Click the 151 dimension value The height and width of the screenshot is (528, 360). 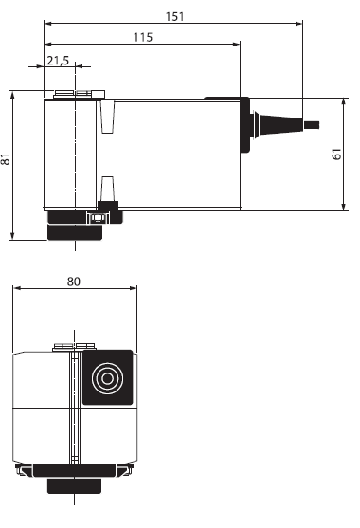(175, 16)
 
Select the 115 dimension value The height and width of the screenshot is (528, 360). (143, 37)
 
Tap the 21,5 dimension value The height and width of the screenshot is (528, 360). (58, 61)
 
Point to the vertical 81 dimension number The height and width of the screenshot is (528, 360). (6, 158)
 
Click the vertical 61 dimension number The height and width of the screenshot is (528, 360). (336, 154)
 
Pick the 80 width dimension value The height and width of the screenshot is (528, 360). (73, 282)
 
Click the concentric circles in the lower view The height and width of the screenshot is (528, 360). (107, 378)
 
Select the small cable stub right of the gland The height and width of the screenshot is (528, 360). (312, 125)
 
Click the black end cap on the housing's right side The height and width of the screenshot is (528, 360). (245, 124)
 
